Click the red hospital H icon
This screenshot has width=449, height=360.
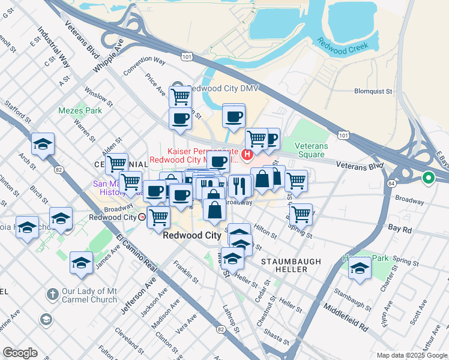click(x=247, y=155)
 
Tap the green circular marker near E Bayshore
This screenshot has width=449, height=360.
click(x=429, y=178)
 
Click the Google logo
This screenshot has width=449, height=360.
click(x=20, y=353)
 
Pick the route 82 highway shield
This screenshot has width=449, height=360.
click(x=41, y=170)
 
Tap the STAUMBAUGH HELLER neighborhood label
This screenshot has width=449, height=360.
click(x=291, y=266)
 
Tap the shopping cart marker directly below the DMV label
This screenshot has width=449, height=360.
click(x=180, y=96)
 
